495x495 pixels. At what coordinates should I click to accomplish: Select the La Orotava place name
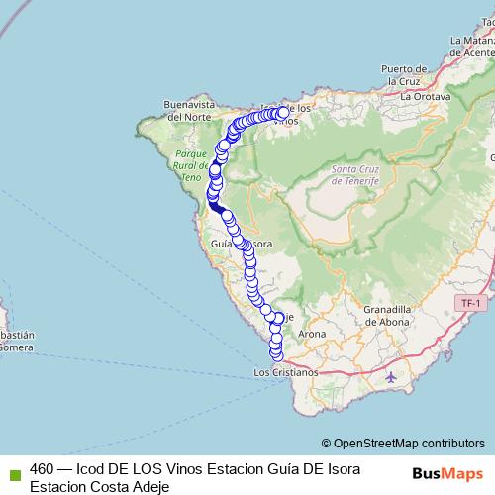425,98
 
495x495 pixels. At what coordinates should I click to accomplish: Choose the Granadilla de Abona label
394,314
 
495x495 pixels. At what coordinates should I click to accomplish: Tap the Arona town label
311,335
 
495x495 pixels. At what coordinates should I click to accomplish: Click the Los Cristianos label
286,373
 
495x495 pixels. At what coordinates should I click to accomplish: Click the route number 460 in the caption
42,468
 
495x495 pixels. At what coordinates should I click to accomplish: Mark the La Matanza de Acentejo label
472,46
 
